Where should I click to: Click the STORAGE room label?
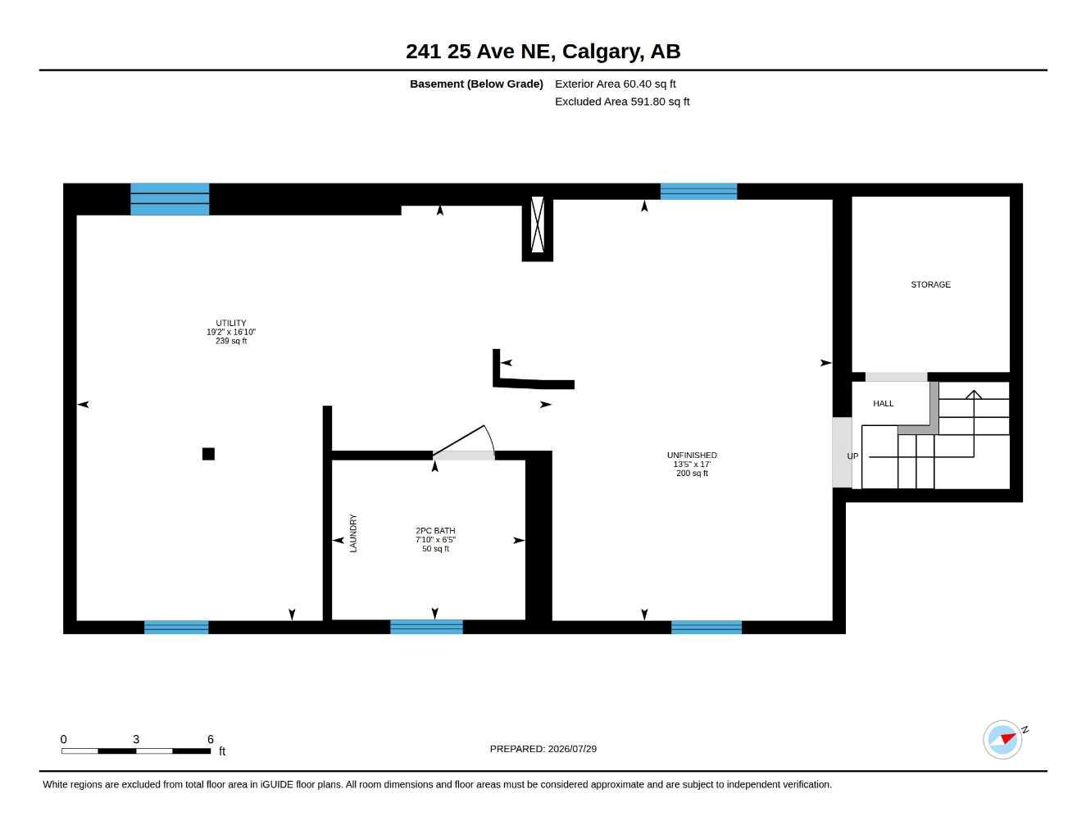[x=930, y=284]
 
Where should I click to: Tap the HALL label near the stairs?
[x=883, y=403]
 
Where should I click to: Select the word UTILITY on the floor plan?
[x=231, y=323]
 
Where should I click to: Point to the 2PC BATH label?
[x=435, y=531]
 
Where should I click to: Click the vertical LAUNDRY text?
[x=353, y=533]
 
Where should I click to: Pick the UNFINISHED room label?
[x=692, y=456]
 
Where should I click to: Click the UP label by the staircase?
[x=852, y=456]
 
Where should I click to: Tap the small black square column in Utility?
[x=208, y=454]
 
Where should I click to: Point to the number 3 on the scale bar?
[x=136, y=739]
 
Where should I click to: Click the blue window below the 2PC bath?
[x=426, y=627]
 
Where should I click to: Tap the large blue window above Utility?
[x=170, y=199]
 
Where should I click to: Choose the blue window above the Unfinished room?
[x=698, y=191]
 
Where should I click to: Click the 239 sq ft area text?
[x=231, y=341]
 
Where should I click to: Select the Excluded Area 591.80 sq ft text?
[x=622, y=102]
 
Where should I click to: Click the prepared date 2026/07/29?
[x=572, y=749]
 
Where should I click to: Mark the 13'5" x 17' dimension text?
[x=692, y=465]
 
